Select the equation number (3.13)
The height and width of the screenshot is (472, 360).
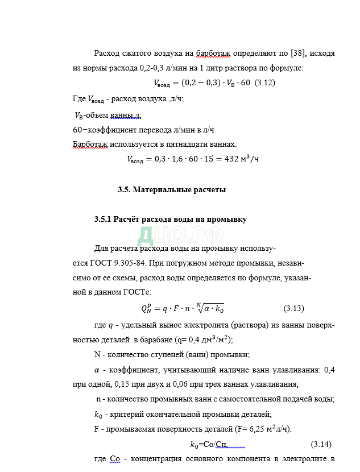(x=293, y=309)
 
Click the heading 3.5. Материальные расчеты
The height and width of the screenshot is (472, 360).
(x=171, y=190)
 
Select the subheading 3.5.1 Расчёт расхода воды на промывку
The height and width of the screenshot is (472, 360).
(x=171, y=220)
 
